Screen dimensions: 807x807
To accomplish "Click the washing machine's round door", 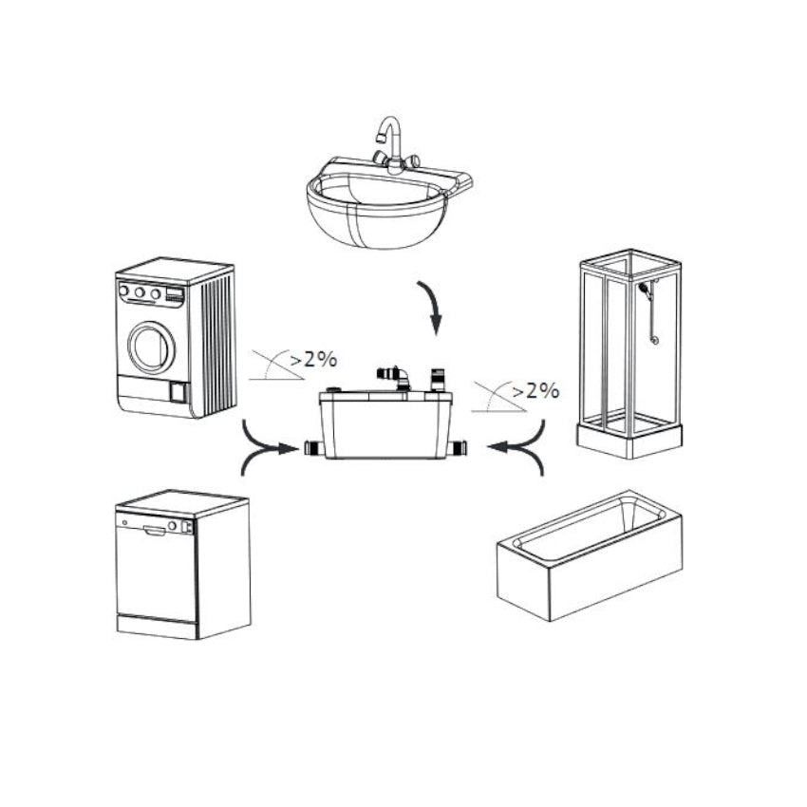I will click(152, 347).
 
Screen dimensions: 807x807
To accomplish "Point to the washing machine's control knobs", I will click(140, 293).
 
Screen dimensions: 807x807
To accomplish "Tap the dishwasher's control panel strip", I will click(157, 525).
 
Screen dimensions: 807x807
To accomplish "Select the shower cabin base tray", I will click(629, 436).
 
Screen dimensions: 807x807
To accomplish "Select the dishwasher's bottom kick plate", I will click(156, 625).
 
